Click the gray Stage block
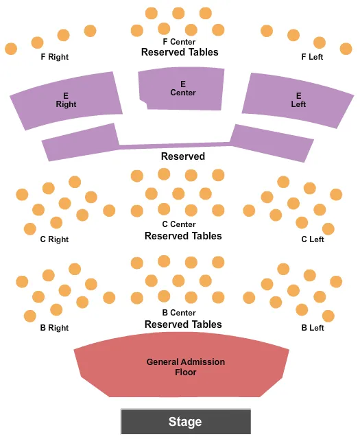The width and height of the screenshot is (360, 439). (x=185, y=421)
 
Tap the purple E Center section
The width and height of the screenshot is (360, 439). (x=182, y=88)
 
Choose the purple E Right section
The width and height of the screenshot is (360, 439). (x=66, y=100)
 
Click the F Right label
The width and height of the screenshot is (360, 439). (x=54, y=57)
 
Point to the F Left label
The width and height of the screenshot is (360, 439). (x=312, y=57)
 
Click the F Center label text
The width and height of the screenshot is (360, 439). (x=179, y=42)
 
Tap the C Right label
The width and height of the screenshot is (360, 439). (x=54, y=239)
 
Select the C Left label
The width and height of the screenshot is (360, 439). (x=312, y=239)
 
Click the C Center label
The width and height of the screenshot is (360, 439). (x=179, y=224)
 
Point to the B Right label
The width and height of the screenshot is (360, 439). (x=54, y=328)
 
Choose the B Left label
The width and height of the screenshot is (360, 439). (x=312, y=328)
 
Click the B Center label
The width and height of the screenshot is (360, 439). (x=179, y=313)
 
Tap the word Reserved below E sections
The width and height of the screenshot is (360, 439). (x=183, y=156)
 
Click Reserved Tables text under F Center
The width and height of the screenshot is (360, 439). (x=180, y=52)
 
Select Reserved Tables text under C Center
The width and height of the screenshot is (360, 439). (x=183, y=235)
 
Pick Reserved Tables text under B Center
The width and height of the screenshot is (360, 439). (x=183, y=324)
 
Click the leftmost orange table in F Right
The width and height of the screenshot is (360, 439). (x=11, y=49)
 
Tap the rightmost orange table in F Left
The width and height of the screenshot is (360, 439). (x=346, y=49)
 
